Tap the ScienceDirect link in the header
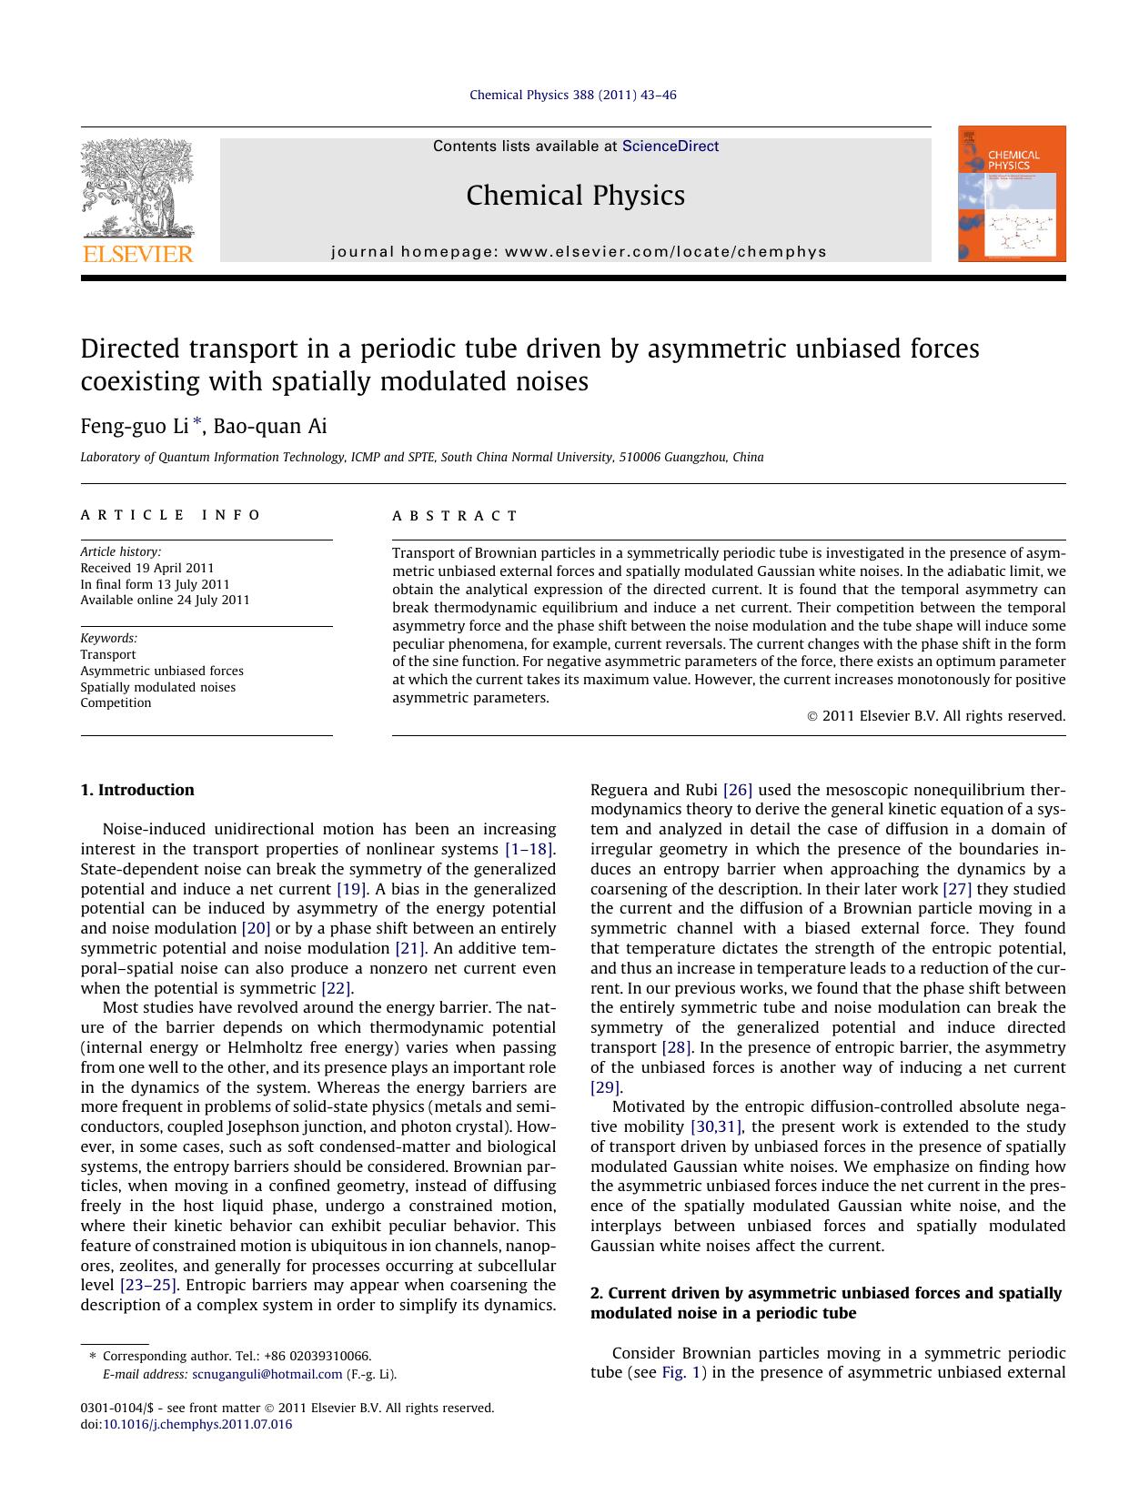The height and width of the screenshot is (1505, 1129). point(670,146)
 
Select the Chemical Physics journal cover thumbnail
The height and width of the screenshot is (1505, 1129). point(1012,195)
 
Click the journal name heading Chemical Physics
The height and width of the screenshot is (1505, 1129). point(575,196)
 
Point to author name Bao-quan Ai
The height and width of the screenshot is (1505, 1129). point(270,426)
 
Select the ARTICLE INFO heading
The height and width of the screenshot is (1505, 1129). point(171,515)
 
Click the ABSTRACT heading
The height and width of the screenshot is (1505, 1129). point(455,516)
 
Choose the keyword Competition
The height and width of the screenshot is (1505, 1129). point(116,702)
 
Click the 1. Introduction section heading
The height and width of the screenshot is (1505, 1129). point(137,790)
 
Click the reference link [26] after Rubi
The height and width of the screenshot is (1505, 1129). point(737,790)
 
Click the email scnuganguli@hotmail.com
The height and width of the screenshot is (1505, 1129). point(267,1374)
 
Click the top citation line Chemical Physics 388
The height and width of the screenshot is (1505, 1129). point(572,95)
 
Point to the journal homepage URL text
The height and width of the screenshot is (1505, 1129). point(580,252)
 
